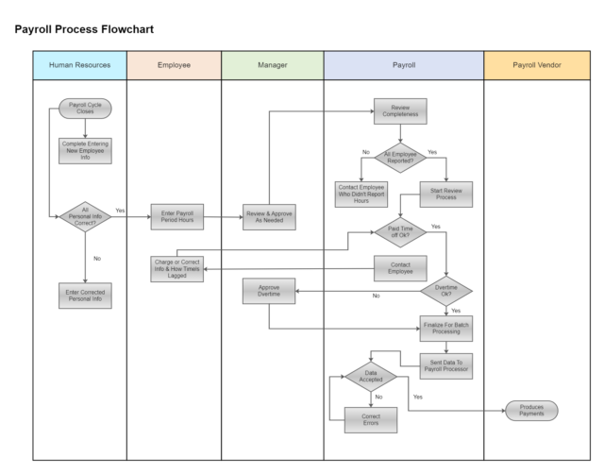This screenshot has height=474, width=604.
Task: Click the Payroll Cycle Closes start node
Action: point(85,109)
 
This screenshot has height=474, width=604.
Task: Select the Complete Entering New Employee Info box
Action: point(85,151)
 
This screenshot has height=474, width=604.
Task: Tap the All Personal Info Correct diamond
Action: point(85,216)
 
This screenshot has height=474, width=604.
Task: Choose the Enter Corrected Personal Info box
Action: point(85,296)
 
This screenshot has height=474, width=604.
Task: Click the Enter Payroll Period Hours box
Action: point(177,217)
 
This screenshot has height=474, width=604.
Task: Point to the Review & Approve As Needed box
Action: point(269,217)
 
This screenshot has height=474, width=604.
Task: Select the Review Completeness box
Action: point(400,111)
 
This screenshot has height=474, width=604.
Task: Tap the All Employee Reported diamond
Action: point(400,158)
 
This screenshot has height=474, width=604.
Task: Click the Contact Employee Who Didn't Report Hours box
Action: point(361,195)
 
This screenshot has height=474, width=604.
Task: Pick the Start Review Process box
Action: point(446,195)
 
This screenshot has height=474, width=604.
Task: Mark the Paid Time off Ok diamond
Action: point(400,232)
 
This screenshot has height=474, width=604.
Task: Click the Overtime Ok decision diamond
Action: point(446,291)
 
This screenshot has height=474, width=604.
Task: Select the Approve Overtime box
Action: point(269,291)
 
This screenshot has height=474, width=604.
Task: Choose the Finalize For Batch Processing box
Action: point(446,329)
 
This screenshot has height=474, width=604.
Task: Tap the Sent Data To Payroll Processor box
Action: point(446,366)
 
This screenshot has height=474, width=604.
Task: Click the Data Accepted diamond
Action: point(371,377)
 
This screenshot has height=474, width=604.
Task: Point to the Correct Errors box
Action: point(371,419)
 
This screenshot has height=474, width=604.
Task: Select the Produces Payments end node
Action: point(531,411)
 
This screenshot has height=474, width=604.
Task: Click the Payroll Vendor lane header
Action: point(537,65)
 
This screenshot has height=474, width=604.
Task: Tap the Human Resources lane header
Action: point(79,65)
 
